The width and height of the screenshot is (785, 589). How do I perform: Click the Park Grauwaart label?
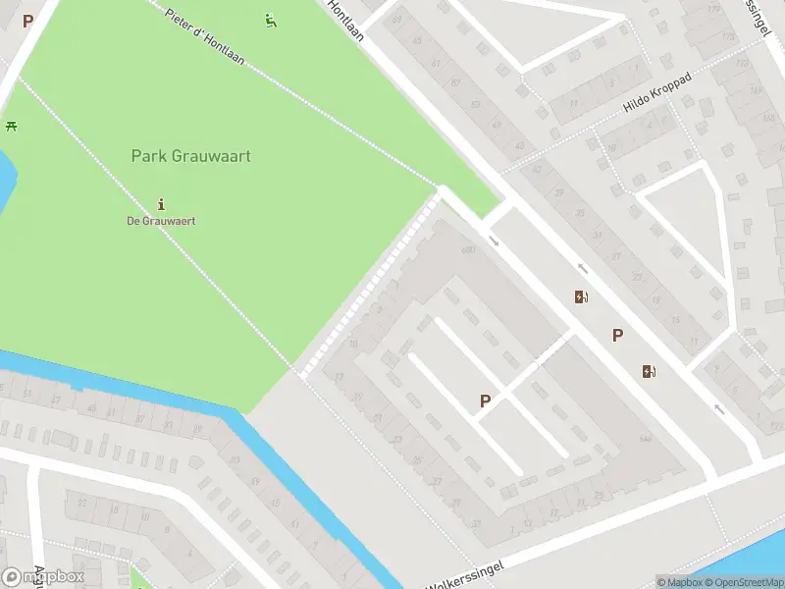click(x=191, y=156)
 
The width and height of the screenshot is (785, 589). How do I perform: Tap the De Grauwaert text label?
click(x=161, y=221)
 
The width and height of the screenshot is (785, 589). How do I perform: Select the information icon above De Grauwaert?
click(x=161, y=204)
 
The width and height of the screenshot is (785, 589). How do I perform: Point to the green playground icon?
click(x=271, y=20)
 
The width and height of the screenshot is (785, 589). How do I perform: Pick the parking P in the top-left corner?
click(x=27, y=20)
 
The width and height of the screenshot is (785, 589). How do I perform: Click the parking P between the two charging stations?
click(x=617, y=336)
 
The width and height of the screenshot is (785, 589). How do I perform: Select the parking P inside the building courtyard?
click(x=485, y=401)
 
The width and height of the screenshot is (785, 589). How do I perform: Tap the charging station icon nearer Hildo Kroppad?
click(x=582, y=297)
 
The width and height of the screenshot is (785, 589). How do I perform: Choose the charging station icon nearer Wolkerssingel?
click(x=648, y=371)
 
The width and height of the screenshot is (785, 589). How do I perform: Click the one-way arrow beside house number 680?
click(x=494, y=241)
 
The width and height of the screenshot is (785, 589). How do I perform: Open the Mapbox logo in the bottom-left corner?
click(x=43, y=576)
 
